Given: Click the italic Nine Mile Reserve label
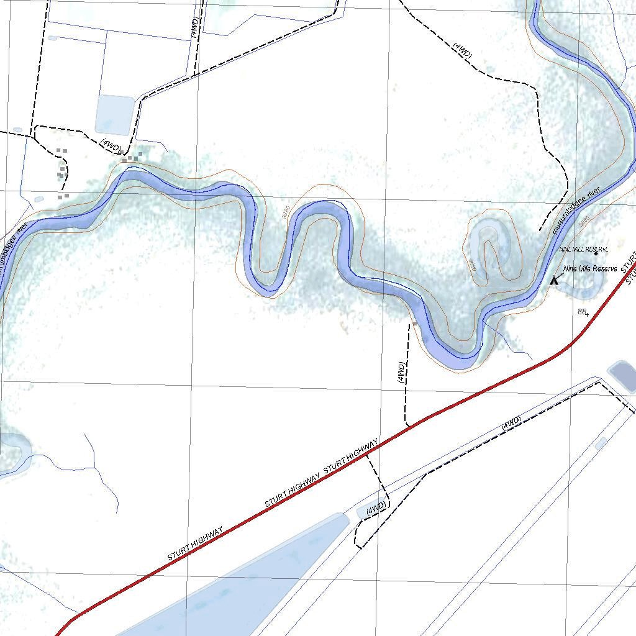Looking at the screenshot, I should click(590, 269).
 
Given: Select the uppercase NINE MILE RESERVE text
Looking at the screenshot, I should click(584, 249).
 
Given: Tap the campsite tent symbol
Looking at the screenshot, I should click(555, 280).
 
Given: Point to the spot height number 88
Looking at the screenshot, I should click(583, 312).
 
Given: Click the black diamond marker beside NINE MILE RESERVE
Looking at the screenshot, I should click(596, 253).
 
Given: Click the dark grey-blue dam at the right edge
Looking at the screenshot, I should click(623, 376).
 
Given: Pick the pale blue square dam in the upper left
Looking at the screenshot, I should click(115, 115).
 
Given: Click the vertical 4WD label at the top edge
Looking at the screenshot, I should click(196, 28).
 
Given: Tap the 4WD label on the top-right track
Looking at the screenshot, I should click(462, 51).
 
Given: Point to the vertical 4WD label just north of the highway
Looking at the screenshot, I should click(401, 372).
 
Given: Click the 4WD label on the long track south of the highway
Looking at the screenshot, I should click(511, 422).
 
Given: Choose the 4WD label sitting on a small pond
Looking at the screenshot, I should click(375, 508).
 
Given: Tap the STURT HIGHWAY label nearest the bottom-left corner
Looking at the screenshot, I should click(195, 545).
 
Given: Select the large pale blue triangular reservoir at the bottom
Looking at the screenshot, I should click(248, 584).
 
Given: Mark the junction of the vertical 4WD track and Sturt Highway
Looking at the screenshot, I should click(408, 426).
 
